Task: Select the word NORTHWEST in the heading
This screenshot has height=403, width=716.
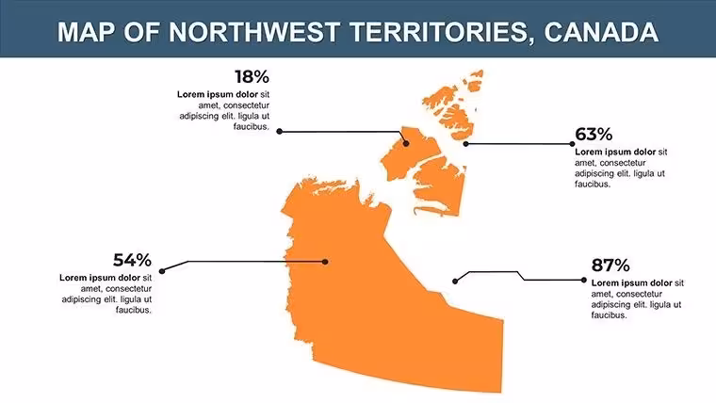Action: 253,32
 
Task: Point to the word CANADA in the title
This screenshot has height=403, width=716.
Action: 601,32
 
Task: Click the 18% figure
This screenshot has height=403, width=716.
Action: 252,76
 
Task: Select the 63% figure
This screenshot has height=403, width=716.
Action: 594,135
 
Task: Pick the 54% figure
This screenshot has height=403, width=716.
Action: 132,260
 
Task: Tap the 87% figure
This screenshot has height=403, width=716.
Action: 610,266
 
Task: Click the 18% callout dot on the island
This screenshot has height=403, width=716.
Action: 406,144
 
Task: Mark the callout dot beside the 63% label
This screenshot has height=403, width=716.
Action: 572,144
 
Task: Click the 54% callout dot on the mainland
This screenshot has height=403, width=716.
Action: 325,262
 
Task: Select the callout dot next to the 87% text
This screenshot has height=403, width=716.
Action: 584,280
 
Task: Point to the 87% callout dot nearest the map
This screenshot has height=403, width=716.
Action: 455,282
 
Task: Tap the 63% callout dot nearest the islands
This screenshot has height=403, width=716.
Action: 465,144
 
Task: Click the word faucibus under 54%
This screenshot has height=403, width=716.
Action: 134,311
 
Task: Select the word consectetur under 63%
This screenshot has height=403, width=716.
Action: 623,163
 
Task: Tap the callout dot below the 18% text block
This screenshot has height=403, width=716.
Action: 280,132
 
